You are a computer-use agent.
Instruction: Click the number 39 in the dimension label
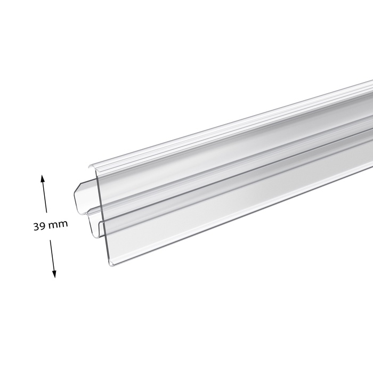(x=39, y=226)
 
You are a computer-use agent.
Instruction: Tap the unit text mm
(x=58, y=224)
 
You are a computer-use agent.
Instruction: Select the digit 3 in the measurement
(x=36, y=226)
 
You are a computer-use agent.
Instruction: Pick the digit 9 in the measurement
(x=42, y=226)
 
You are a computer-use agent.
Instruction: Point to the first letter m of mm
(x=53, y=225)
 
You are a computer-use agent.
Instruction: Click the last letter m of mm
(x=63, y=224)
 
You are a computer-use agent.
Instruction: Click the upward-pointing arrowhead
(x=43, y=179)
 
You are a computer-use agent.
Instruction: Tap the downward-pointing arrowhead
(x=54, y=274)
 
